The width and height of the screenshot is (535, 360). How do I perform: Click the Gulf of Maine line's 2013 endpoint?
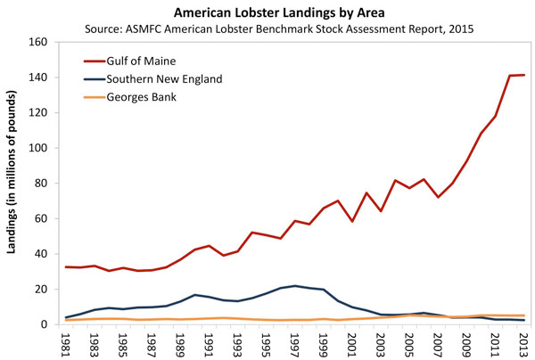[x=523, y=75]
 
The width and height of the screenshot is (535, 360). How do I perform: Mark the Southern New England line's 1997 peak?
[x=295, y=286]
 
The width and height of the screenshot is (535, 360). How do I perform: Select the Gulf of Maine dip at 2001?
[x=352, y=221]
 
